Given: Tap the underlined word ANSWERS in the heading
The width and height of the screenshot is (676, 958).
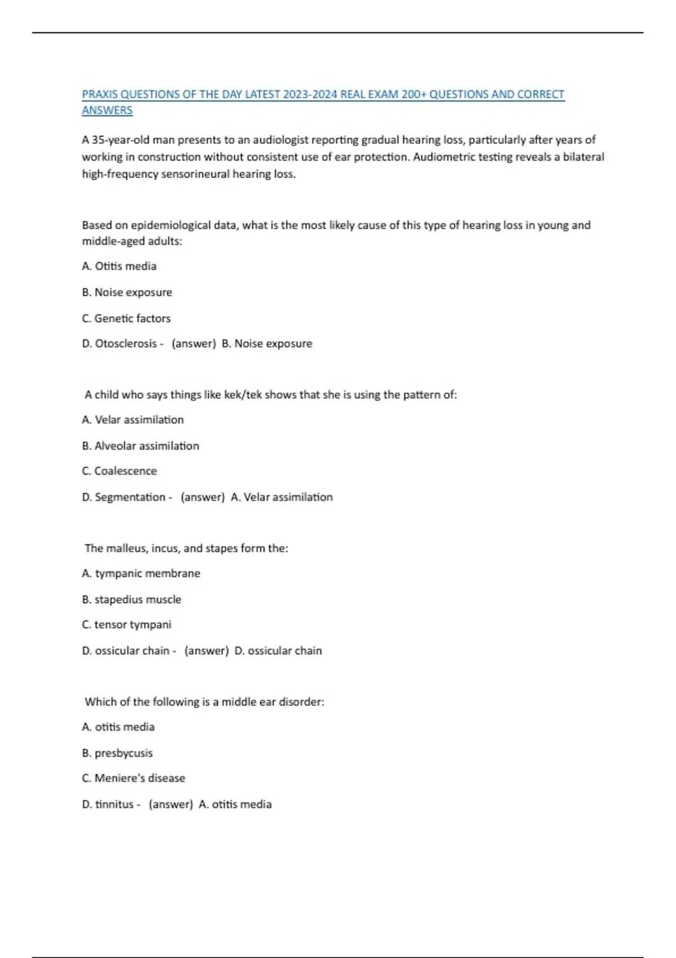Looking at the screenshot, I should click(x=107, y=110).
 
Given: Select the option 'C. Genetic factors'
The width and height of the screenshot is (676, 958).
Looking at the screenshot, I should click(x=126, y=318).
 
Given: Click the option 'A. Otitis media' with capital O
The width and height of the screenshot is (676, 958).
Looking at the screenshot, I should click(x=119, y=266).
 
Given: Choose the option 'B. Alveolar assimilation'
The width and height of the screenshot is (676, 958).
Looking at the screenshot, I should click(x=140, y=446).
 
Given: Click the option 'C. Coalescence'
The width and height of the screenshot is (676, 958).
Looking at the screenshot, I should click(x=119, y=471).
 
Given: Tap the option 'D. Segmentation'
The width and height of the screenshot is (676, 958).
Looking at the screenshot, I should click(x=123, y=497).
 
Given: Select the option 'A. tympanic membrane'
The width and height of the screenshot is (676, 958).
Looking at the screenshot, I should click(x=141, y=574).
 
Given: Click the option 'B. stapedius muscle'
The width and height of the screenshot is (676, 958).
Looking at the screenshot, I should click(x=131, y=600).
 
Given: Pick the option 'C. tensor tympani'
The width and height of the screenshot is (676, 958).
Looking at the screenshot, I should click(x=126, y=625).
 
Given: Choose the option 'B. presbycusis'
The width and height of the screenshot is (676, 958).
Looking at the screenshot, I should click(x=117, y=753).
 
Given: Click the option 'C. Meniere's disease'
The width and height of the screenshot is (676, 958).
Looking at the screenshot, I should click(x=134, y=778).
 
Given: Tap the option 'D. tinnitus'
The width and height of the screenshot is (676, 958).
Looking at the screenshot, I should click(x=108, y=805).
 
